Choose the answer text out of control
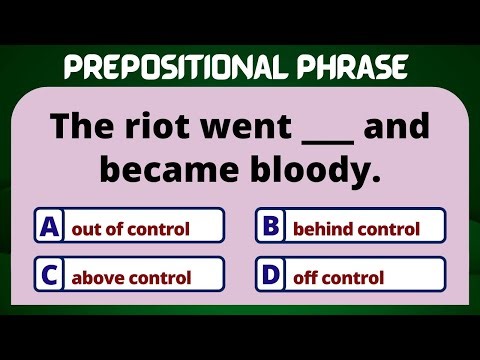coord(130,229)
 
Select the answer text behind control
coord(355,229)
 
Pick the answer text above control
coord(131,277)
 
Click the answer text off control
coord(338,277)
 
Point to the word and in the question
coord(398,128)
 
